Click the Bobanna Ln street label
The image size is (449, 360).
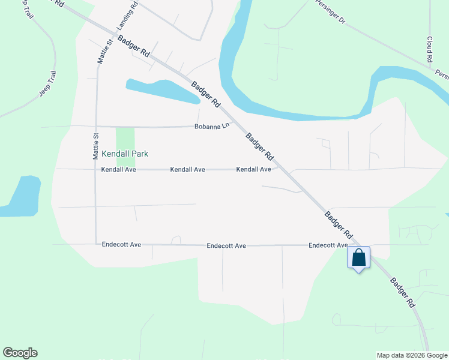pyautogui.click(x=212, y=127)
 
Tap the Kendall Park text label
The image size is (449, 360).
pyautogui.click(x=124, y=154)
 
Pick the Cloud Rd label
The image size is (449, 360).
pyautogui.click(x=430, y=50)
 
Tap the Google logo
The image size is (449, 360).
pyautogui.click(x=20, y=353)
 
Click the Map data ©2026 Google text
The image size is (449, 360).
pyautogui.click(x=412, y=355)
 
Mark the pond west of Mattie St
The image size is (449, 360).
pyautogui.click(x=22, y=196)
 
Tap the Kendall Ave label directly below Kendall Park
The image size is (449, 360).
pyautogui.click(x=119, y=170)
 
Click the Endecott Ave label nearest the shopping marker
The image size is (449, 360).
pyautogui.click(x=328, y=245)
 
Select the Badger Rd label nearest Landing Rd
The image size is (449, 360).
pyautogui.click(x=134, y=46)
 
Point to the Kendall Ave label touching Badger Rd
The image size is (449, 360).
pyautogui.click(x=253, y=170)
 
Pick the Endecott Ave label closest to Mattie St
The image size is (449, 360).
pyautogui.click(x=121, y=245)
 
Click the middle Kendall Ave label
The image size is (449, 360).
pyautogui.click(x=188, y=170)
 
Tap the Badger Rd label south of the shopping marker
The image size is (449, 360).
pyautogui.click(x=402, y=292)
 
